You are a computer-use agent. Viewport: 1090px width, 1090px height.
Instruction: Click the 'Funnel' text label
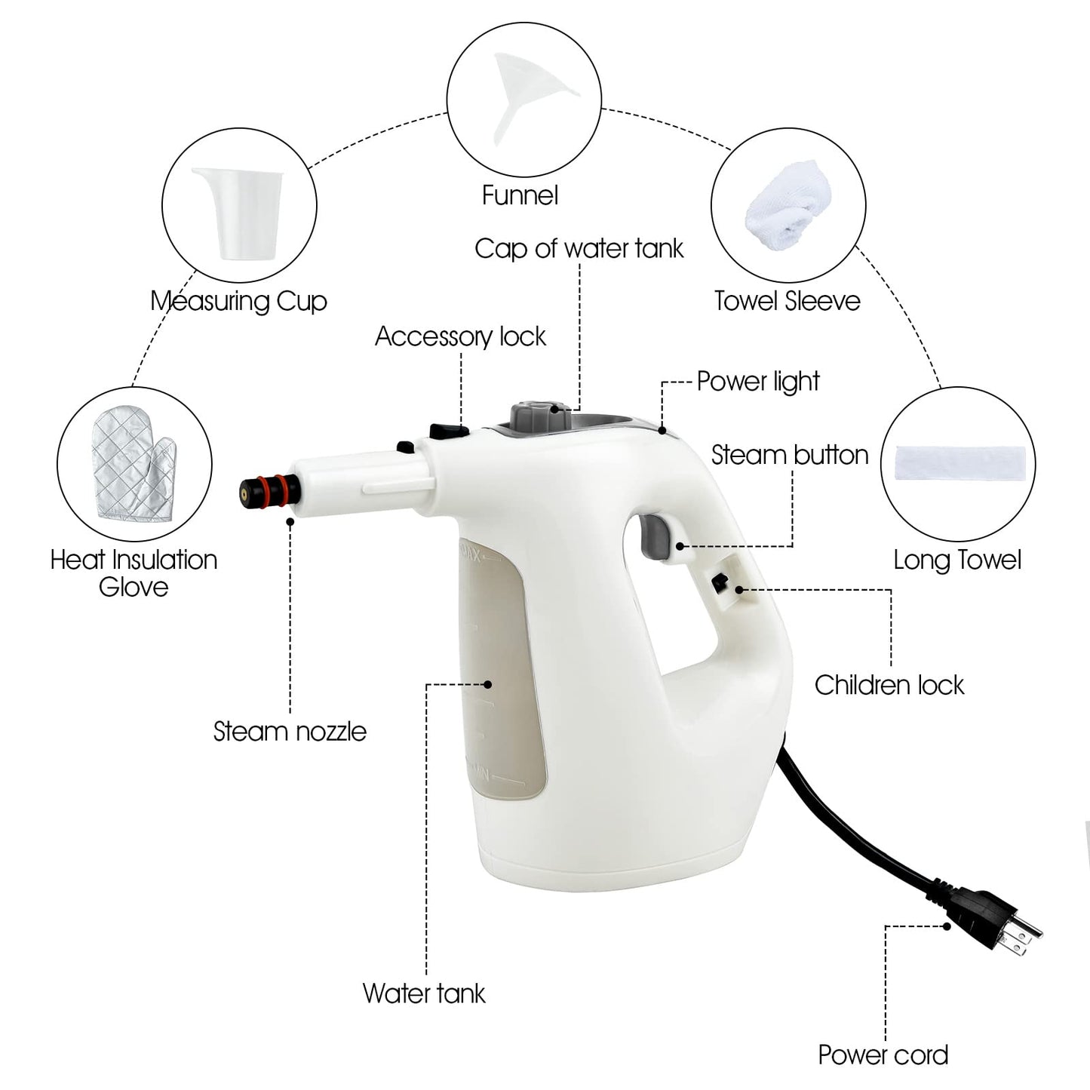520,195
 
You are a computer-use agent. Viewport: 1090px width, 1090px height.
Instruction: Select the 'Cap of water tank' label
579,248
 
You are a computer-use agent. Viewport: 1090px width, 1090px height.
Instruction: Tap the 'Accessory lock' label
460,336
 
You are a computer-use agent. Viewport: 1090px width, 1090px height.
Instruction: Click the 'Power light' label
757,382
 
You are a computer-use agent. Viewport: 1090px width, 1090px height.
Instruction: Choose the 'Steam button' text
789,455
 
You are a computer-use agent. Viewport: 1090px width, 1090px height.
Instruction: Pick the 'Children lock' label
889,685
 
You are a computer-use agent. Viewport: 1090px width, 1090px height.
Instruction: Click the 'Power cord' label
883,1055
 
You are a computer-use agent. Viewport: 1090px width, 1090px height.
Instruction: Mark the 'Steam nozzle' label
290,731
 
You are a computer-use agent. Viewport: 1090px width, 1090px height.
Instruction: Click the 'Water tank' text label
424,993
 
